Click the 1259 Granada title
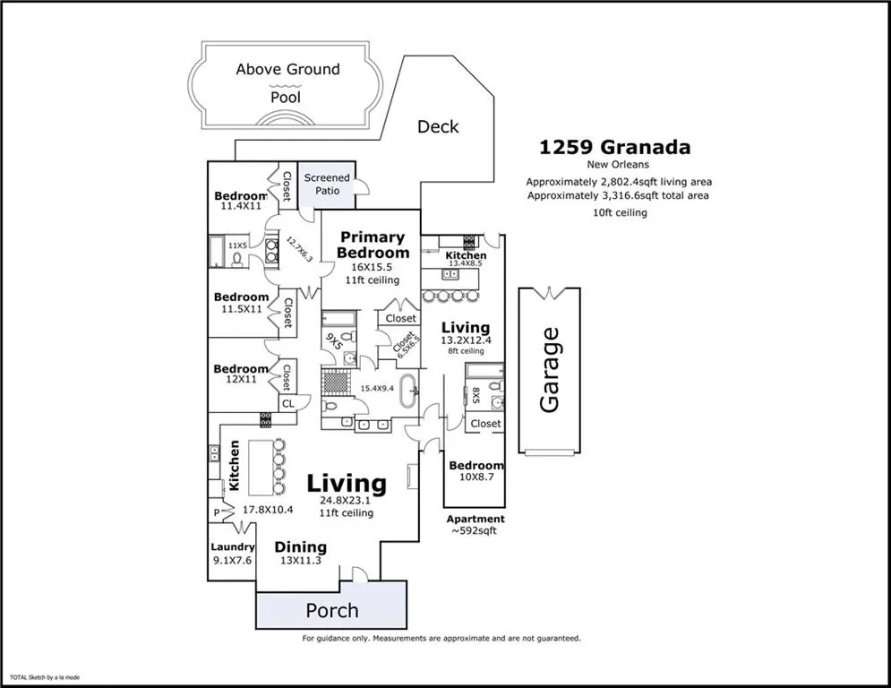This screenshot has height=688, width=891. coord(614,147)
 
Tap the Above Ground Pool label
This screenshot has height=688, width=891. coord(287,83)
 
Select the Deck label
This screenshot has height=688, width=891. coord(438,127)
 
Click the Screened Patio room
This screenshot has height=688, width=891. coord(327,185)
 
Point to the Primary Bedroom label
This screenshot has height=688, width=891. coord(373,245)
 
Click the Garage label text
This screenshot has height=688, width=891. coord(550,370)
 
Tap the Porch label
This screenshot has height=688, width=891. coord(332,610)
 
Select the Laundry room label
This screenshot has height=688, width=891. coord(233,547)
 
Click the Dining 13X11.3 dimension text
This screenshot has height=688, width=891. coord(301,560)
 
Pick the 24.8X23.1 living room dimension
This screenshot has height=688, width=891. coord(345,501)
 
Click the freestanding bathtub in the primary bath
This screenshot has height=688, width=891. coord(407,390)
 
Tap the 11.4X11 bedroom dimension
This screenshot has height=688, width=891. coord(240,206)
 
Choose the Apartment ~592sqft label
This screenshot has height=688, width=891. coord(475,525)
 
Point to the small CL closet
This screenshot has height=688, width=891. coord(288,403)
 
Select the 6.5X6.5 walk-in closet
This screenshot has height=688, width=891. coord(399,343)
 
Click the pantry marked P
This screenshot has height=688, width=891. coord(216,513)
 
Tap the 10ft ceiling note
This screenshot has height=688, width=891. coord(620,212)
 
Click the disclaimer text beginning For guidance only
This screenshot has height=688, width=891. coord(441,639)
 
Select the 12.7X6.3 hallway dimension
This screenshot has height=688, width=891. coord(299,249)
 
